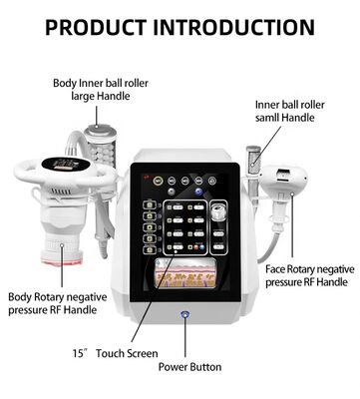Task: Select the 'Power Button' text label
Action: (x=190, y=366)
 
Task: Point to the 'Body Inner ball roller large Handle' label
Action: (x=100, y=90)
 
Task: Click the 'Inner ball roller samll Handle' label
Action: (x=292, y=110)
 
